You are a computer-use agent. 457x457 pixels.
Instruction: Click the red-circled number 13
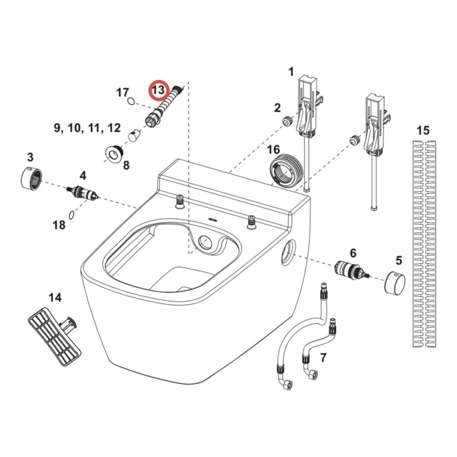pos(158,90)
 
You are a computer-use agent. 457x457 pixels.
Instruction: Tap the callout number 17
pos(122,92)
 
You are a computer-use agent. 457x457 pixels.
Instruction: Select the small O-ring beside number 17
pos(132,101)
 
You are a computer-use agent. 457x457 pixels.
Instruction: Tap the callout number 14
pos(55,297)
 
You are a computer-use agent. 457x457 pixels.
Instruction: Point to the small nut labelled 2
pos(288,121)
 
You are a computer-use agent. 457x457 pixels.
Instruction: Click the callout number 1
pos(291,72)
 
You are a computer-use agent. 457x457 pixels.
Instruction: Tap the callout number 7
pos(323,358)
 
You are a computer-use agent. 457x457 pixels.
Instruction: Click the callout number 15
pos(422,130)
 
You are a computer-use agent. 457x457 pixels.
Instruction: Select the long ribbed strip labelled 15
pos(423,244)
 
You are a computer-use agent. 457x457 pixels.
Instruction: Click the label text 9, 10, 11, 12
pos(87,127)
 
